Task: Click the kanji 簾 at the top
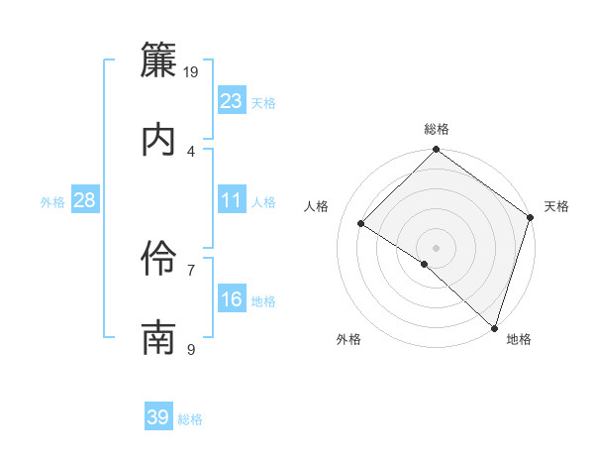pos(159,62)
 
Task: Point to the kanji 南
pos(159,338)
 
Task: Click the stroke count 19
pos(192,71)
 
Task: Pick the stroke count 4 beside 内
pos(191,151)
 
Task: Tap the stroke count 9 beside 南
pos(191,349)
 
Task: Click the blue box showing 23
pos(232,101)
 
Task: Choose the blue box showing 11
pos(232,200)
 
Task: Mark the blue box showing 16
pos(232,299)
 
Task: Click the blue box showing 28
pos(85,200)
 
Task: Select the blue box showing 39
pos(158,417)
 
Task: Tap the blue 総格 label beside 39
pos(190,419)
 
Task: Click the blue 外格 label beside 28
pos(52,202)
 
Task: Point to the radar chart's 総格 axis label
pos(437,129)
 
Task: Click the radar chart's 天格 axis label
pos(556,206)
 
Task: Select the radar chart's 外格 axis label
pos(348,339)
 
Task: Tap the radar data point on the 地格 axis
pos(494,327)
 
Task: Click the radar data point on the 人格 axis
pos(361,224)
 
